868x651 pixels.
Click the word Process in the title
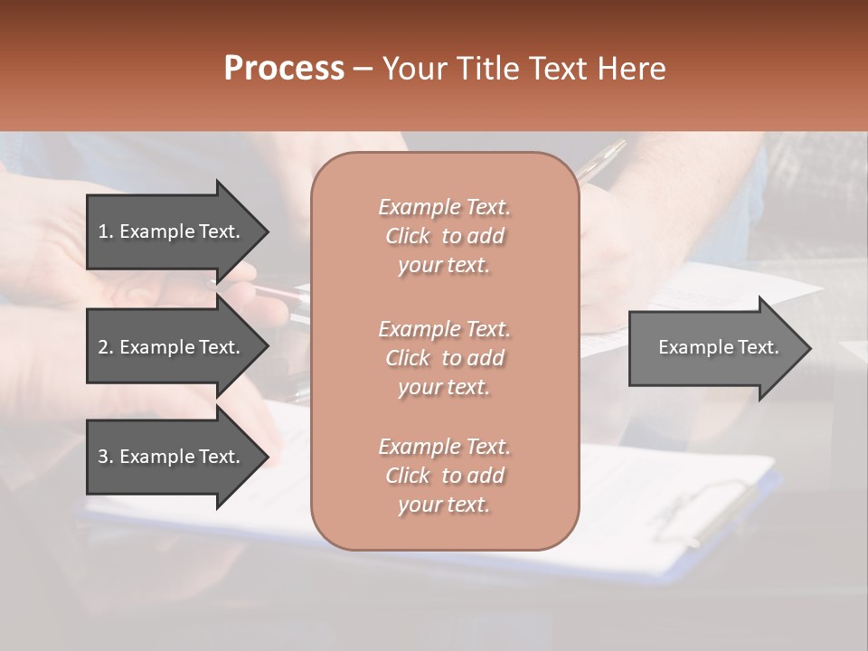(284, 69)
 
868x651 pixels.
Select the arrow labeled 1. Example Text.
(172, 231)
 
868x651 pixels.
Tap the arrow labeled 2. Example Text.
(172, 347)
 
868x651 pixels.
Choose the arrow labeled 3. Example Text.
(172, 457)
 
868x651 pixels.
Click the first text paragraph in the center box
(444, 236)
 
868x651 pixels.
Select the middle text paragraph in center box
(444, 358)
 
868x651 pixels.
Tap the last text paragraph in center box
(444, 476)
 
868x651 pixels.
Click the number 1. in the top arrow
(106, 231)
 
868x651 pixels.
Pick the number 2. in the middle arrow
(106, 347)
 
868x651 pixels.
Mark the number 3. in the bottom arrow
(106, 457)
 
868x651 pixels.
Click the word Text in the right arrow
(758, 347)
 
